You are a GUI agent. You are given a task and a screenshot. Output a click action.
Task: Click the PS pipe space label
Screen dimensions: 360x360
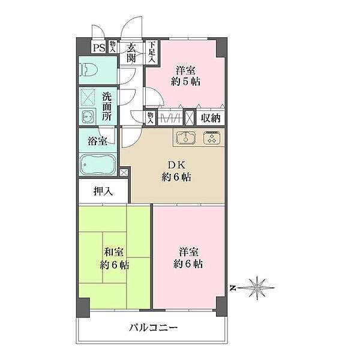pyautogui.click(x=99, y=48)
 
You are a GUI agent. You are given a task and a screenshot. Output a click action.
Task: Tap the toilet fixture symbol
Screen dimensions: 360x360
pyautogui.click(x=88, y=70)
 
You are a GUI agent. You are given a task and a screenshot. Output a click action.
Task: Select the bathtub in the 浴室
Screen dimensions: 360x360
pyautogui.click(x=98, y=164)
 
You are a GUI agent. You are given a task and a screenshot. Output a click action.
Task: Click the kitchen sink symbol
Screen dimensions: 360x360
pyautogui.click(x=186, y=137)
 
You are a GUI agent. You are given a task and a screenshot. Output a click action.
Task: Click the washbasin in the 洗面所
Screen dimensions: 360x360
pyautogui.click(x=88, y=117)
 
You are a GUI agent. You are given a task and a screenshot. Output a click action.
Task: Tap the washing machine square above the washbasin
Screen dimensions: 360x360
pyautogui.click(x=88, y=97)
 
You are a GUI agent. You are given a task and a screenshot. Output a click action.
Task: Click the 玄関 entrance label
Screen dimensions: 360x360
pyautogui.click(x=131, y=53)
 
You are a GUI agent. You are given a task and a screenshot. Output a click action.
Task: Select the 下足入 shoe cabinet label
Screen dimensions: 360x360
pyautogui.click(x=152, y=52)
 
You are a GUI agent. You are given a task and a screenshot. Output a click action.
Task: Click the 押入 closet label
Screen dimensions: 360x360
pyautogui.click(x=103, y=191)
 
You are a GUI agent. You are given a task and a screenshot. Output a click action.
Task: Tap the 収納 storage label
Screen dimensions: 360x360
pyautogui.click(x=211, y=118)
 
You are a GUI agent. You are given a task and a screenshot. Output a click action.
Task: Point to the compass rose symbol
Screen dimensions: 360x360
pyautogui.click(x=257, y=287)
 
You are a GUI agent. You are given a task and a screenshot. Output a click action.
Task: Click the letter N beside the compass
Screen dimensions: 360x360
pyautogui.click(x=233, y=287)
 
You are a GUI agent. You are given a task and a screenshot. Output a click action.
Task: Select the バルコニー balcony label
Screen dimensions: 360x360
pyautogui.click(x=153, y=328)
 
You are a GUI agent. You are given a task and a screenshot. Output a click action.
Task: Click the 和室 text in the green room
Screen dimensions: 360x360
pyautogui.click(x=113, y=252)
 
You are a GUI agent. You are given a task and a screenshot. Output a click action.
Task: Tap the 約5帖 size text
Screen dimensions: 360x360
pyautogui.click(x=185, y=81)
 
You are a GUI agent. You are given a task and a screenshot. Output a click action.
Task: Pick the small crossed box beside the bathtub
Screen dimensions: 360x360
pyautogui.click(x=123, y=173)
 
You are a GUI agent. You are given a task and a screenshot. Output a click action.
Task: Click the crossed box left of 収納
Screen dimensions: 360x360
pyautogui.click(x=190, y=118)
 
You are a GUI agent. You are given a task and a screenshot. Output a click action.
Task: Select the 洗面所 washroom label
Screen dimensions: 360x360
pyautogui.click(x=107, y=107)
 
